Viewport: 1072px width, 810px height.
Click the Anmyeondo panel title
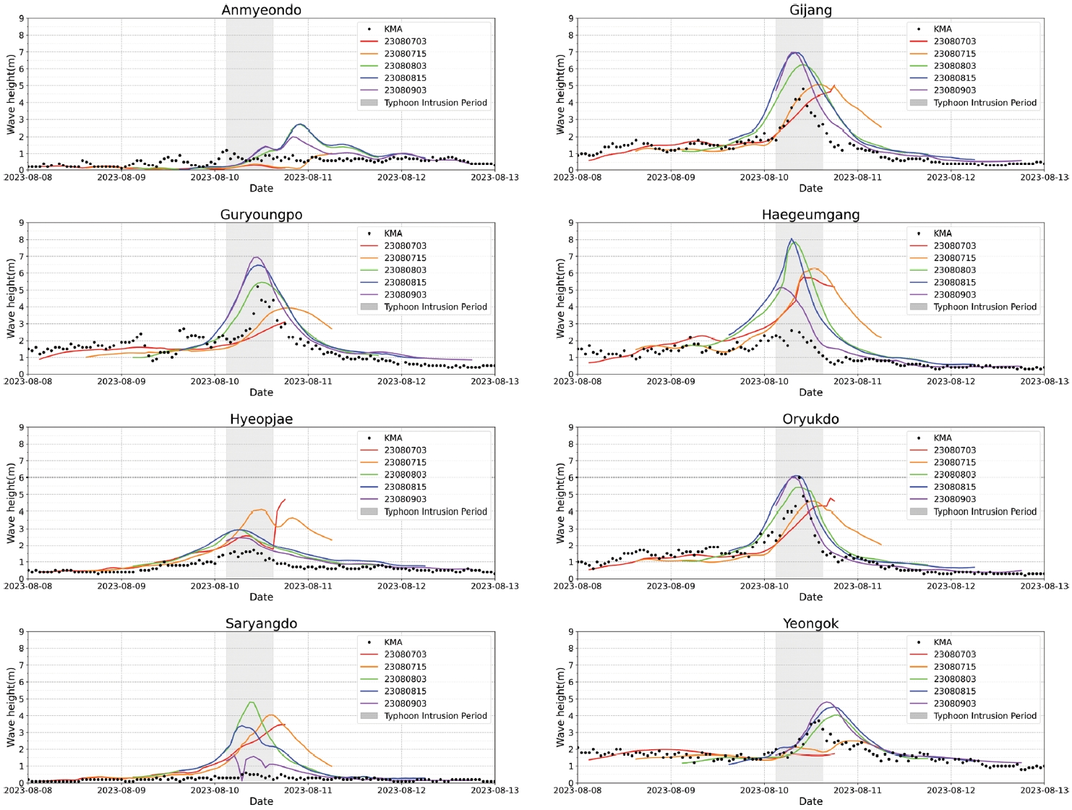pyautogui.click(x=261, y=10)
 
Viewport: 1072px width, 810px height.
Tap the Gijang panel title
pyautogui.click(x=810, y=10)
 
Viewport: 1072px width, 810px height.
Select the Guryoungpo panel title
pyautogui.click(x=261, y=215)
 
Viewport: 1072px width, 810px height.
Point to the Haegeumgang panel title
pyautogui.click(x=810, y=215)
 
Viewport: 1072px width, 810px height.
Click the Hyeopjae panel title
pyautogui.click(x=261, y=419)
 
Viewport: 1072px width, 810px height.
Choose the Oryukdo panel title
pyautogui.click(x=810, y=419)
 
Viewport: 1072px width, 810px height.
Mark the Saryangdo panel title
pyautogui.click(x=261, y=623)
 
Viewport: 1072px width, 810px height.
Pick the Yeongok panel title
pyautogui.click(x=810, y=623)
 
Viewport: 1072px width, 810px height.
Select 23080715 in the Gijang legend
pyautogui.click(x=954, y=54)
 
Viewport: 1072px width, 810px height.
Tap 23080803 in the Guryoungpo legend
pyautogui.click(x=405, y=270)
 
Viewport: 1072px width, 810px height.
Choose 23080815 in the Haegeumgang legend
pyautogui.click(x=954, y=283)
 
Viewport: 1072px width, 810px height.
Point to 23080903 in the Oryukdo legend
pyautogui.click(x=954, y=499)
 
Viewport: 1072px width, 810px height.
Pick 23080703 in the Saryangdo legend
pyautogui.click(x=405, y=655)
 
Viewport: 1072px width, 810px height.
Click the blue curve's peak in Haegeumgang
pyautogui.click(x=792, y=239)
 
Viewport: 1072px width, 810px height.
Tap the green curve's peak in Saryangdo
pyautogui.click(x=251, y=702)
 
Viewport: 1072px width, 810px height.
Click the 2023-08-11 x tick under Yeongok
pyautogui.click(x=858, y=790)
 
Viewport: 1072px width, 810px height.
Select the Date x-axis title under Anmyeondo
pyautogui.click(x=261, y=188)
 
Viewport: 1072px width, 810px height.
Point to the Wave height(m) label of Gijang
pyautogui.click(x=560, y=94)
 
